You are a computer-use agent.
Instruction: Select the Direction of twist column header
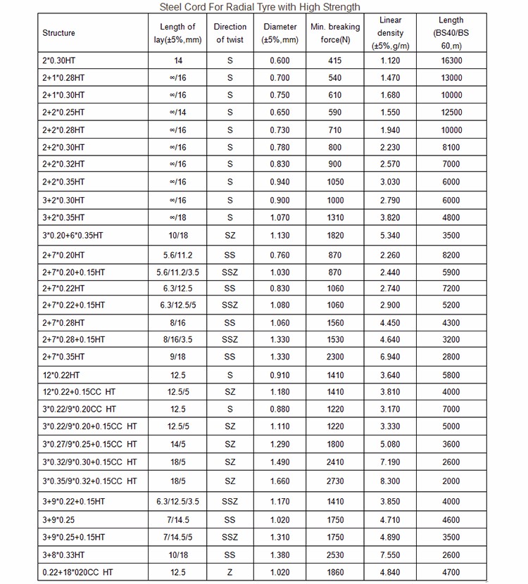(230, 33)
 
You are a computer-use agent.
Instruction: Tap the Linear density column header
(391, 33)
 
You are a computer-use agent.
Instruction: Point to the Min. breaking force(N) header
(335, 33)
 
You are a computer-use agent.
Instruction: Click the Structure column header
(58, 33)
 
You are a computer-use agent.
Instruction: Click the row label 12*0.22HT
(61, 375)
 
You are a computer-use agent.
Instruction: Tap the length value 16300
(451, 61)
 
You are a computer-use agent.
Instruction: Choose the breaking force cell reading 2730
(335, 481)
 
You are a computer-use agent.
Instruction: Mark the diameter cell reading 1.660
(280, 481)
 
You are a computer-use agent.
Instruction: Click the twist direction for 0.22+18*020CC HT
(230, 573)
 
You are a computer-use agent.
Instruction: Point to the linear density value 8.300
(391, 481)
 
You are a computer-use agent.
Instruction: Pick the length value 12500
(451, 113)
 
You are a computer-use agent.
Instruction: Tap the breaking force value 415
(335, 61)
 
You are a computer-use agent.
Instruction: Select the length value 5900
(451, 272)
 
